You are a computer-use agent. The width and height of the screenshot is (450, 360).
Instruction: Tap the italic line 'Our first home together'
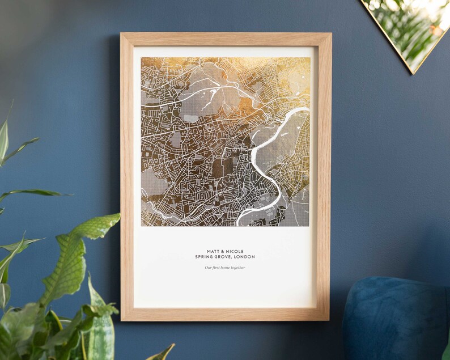pyautogui.click(x=225, y=268)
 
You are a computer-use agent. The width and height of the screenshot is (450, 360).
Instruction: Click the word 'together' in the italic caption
pyautogui.click(x=238, y=268)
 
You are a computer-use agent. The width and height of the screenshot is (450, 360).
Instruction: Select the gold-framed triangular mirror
pyautogui.click(x=408, y=28)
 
